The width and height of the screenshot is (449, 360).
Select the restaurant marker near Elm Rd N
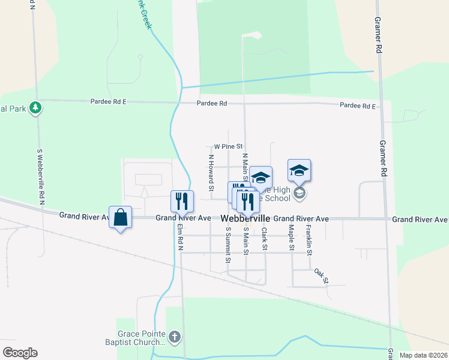[182, 201]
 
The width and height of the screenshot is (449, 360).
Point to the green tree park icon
[37, 107]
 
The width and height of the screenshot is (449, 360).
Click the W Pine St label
[228, 146]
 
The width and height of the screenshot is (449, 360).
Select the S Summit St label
[228, 245]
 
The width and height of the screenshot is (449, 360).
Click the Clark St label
[264, 238]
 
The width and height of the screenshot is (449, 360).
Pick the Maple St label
[291, 238]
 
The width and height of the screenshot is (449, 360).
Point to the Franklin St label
[309, 239]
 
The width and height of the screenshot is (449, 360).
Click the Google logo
[20, 353]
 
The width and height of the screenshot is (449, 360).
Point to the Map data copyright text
[423, 355]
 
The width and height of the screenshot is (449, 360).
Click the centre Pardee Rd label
[213, 104]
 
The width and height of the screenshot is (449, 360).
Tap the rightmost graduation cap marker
[299, 170]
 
